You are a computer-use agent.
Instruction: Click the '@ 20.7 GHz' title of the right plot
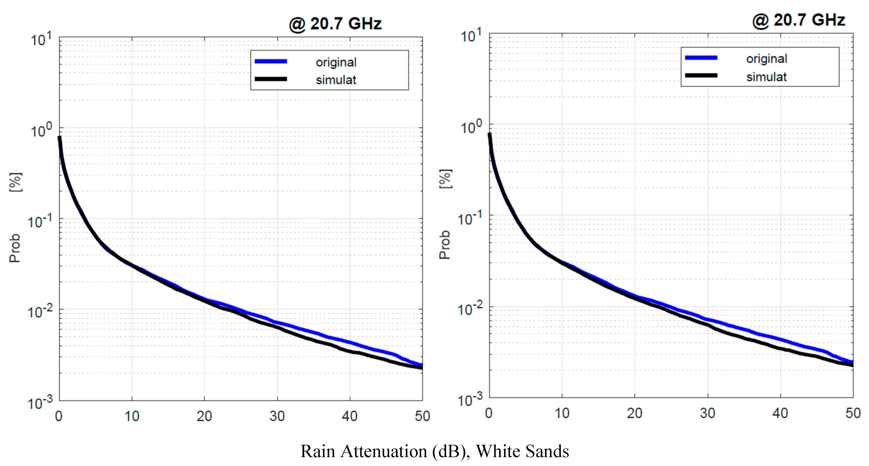tap(799, 20)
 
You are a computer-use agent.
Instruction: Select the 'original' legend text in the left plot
tap(336, 62)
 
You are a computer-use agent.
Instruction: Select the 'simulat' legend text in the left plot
tap(336, 80)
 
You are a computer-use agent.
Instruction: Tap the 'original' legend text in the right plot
tap(766, 59)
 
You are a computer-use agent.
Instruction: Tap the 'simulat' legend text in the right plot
tap(766, 77)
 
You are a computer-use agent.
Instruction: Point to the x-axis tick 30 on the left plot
tap(277, 416)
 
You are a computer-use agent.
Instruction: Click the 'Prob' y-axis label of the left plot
tap(15, 248)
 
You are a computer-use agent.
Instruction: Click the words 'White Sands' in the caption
tap(522, 451)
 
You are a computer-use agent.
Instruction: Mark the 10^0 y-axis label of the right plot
tap(472, 128)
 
